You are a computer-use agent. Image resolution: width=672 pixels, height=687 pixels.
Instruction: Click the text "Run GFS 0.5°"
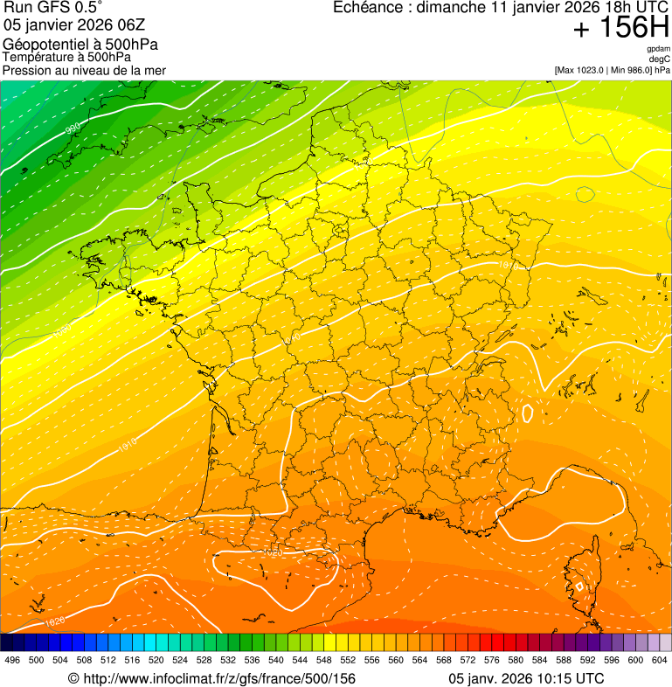(x=52, y=9)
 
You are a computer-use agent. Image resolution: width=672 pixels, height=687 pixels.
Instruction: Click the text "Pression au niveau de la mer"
(x=84, y=70)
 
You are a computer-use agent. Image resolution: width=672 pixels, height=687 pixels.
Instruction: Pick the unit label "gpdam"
(x=658, y=49)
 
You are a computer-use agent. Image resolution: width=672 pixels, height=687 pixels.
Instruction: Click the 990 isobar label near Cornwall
(x=74, y=129)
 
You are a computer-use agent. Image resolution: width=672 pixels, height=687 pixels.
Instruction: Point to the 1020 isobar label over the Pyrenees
(x=273, y=553)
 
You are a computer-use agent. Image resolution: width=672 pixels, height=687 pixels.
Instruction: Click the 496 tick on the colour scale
(x=12, y=661)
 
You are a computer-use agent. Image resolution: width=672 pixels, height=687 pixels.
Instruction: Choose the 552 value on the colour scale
(x=349, y=661)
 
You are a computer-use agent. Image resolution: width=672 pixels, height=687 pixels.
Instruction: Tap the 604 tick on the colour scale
(x=660, y=661)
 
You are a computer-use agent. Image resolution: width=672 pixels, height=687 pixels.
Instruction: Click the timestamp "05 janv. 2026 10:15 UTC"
(x=526, y=678)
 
